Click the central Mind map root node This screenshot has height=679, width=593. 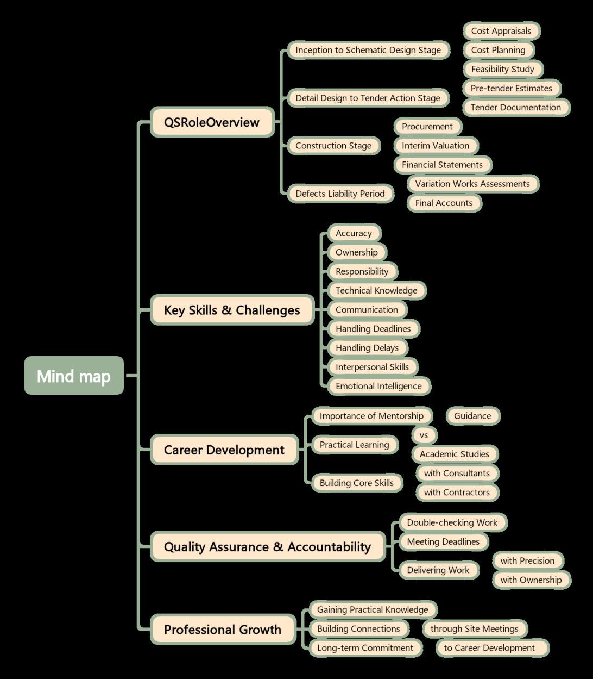pos(74,376)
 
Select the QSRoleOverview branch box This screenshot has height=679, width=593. pos(212,122)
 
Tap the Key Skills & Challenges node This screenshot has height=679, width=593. pos(232,310)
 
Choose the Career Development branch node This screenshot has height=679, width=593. pos(224,450)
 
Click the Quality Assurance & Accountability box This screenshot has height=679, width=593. pos(267,547)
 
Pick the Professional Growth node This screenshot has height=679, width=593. pos(223,630)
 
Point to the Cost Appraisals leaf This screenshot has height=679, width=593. pos(501,31)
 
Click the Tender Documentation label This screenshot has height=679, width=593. pos(515,107)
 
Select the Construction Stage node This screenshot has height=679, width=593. pos(333,146)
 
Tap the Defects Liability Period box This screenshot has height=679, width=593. pos(340,194)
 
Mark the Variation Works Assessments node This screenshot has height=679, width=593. pos(472,184)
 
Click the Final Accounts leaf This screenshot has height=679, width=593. pos(444,203)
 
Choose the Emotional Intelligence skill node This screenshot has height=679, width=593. pos(378,386)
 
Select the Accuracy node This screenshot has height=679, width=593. pos(354,233)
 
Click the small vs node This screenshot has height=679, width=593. pos(424,435)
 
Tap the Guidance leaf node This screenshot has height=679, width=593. pos(472,416)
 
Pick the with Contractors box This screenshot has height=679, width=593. pos(457,492)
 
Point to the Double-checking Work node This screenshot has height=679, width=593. pos(452,522)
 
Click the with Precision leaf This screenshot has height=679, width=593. pos(527,560)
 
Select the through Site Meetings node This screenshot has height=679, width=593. pos(474,628)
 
